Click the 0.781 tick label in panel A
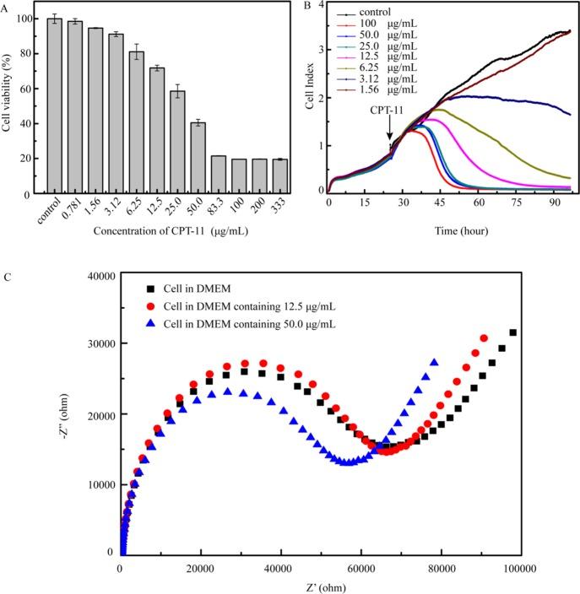76,208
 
